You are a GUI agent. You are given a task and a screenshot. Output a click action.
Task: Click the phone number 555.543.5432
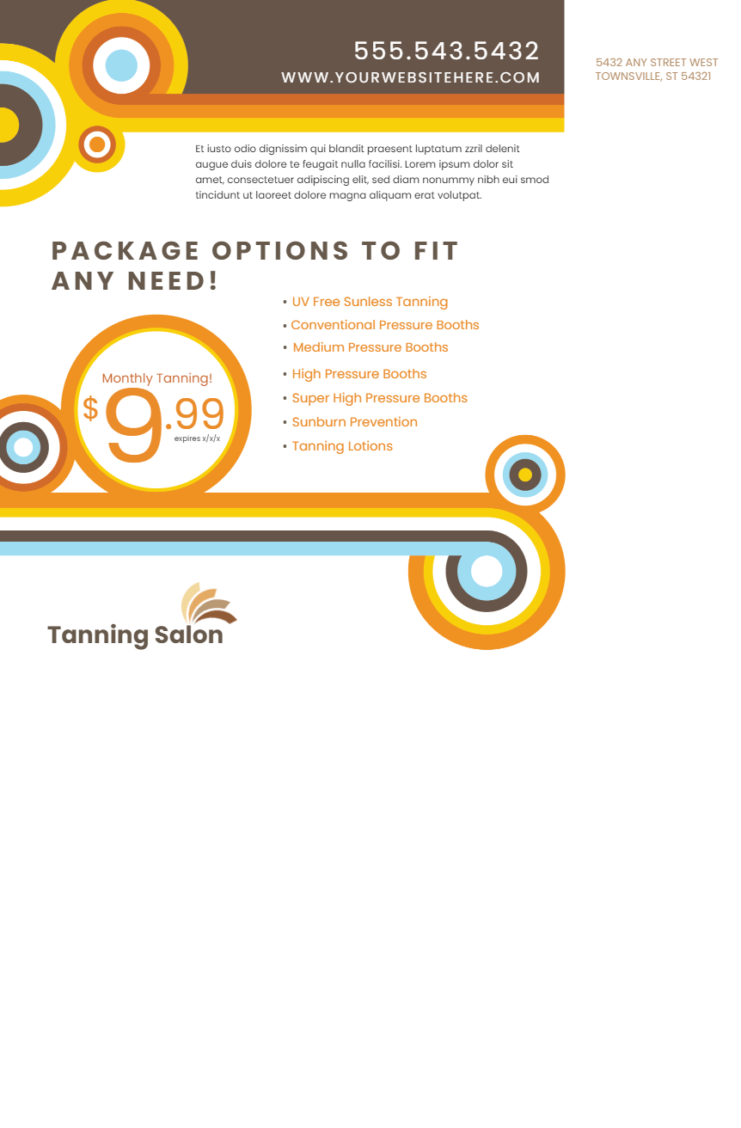pyautogui.click(x=446, y=52)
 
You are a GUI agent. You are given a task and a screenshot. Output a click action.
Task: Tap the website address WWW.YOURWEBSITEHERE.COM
pyautogui.click(x=410, y=78)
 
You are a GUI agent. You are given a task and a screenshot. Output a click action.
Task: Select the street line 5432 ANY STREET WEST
pyautogui.click(x=656, y=63)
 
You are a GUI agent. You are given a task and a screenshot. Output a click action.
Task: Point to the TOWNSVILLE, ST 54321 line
pyautogui.click(x=652, y=77)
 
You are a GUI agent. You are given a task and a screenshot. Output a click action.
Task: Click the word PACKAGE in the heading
pyautogui.click(x=126, y=251)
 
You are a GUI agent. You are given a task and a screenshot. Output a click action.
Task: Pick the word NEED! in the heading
pyautogui.click(x=173, y=281)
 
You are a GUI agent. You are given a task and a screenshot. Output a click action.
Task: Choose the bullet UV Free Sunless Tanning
pyautogui.click(x=369, y=302)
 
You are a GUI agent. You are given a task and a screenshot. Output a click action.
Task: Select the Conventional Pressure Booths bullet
pyautogui.click(x=384, y=325)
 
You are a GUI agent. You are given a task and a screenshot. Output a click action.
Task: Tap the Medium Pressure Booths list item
pyautogui.click(x=370, y=347)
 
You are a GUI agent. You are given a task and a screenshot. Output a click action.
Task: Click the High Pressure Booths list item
pyautogui.click(x=358, y=374)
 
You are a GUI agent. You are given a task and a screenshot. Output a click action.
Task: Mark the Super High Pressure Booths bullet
pyautogui.click(x=379, y=398)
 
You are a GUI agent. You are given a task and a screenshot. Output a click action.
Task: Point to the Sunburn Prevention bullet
pyautogui.click(x=354, y=422)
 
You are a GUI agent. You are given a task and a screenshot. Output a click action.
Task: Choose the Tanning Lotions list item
pyautogui.click(x=341, y=446)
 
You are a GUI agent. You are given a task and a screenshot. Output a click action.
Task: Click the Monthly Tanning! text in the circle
pyautogui.click(x=156, y=378)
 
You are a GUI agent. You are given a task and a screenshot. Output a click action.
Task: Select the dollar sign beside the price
pyautogui.click(x=90, y=408)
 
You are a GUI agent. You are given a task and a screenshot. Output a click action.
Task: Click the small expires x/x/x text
pyautogui.click(x=197, y=438)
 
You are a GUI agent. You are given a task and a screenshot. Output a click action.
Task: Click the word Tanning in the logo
pyautogui.click(x=98, y=635)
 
